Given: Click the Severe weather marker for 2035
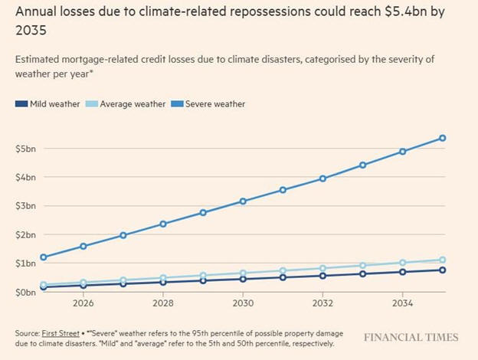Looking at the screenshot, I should point(443,139).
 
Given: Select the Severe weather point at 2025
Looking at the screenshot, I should point(43,257).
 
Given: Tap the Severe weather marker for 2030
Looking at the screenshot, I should point(243,201).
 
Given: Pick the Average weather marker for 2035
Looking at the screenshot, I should point(443,260).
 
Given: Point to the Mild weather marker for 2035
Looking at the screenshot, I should point(443,270).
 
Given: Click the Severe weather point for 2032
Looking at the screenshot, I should point(322,178).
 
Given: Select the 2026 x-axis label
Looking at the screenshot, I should point(83,303).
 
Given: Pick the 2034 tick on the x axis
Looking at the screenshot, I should point(403,303).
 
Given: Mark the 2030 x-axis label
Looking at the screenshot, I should point(243,303).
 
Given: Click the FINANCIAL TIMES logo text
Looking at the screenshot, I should point(411,338).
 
